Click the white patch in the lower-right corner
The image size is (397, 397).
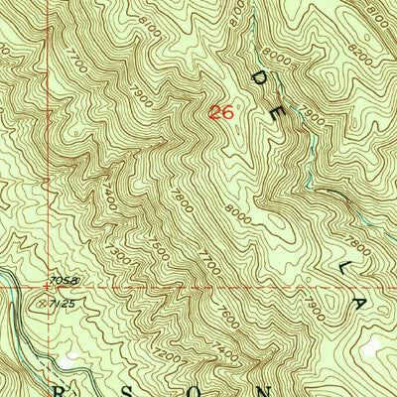pos(373,347)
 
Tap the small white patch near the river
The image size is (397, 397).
pos(68,352)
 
